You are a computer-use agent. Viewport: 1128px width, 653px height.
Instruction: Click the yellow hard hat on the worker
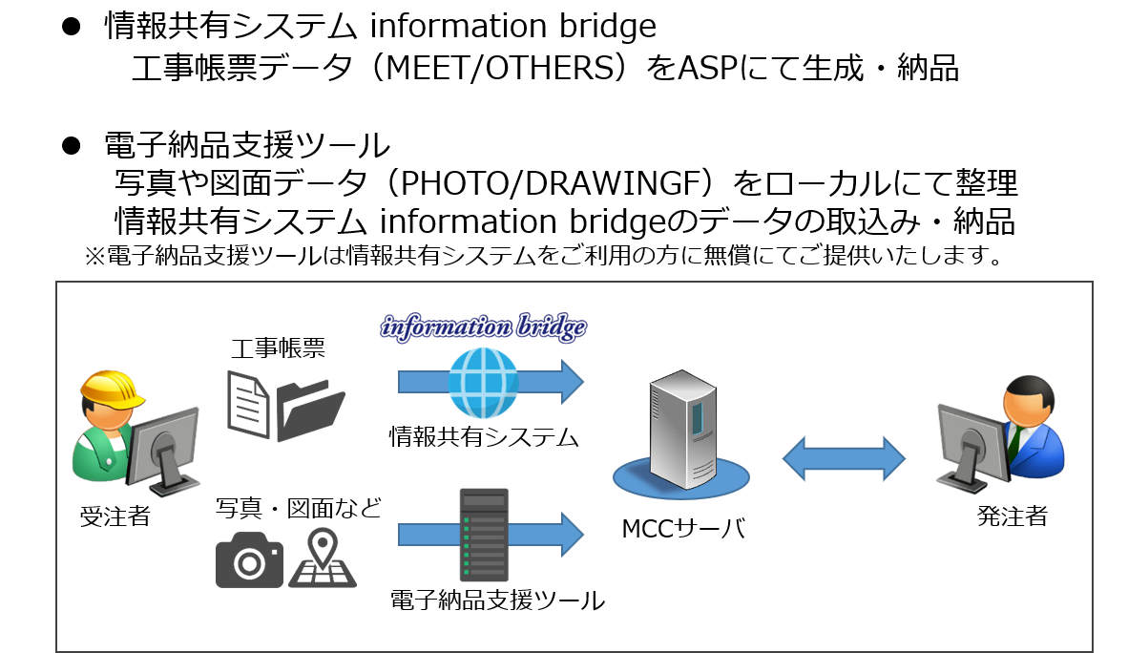click(x=110, y=387)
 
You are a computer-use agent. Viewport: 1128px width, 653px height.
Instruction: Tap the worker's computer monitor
click(x=164, y=442)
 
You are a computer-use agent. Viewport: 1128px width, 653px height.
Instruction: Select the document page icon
click(x=248, y=404)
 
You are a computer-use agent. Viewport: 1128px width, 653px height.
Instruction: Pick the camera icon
click(x=249, y=559)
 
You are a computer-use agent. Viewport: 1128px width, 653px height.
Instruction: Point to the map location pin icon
click(x=324, y=558)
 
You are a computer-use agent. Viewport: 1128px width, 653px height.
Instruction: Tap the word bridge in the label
click(x=551, y=327)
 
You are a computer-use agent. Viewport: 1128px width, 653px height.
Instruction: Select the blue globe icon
click(x=483, y=382)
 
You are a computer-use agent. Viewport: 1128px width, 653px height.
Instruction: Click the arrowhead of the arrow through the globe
click(x=572, y=382)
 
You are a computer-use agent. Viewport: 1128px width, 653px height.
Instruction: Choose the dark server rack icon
click(x=484, y=535)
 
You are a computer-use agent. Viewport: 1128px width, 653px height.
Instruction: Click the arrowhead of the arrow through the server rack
click(x=572, y=535)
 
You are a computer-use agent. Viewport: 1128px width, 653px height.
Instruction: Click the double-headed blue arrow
click(x=844, y=459)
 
